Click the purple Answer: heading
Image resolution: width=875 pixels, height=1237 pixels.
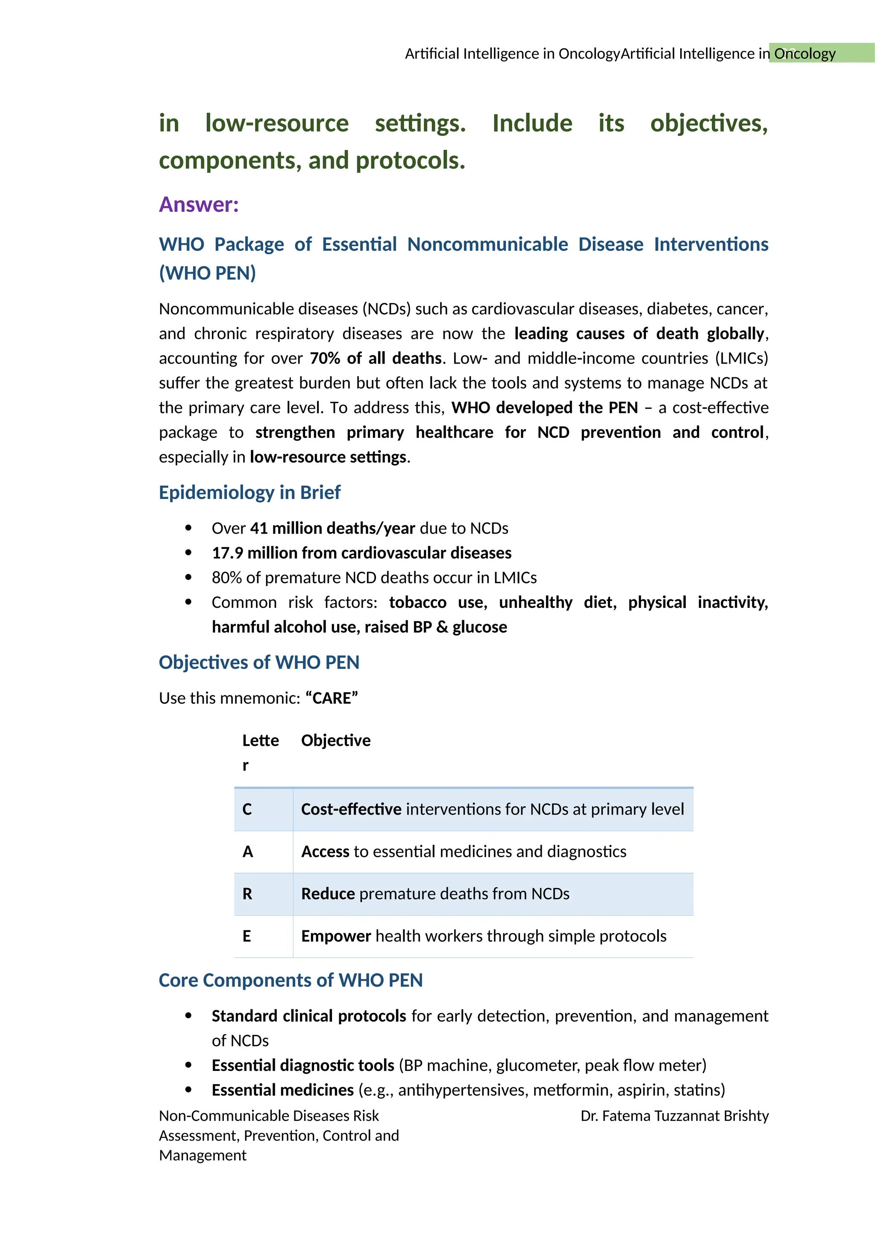pos(198,205)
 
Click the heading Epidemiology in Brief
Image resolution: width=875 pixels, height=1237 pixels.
pos(250,492)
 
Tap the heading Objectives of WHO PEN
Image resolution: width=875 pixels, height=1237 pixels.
pos(258,662)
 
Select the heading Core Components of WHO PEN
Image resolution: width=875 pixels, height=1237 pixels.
pos(291,980)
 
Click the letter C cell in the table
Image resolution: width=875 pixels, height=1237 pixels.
pos(247,809)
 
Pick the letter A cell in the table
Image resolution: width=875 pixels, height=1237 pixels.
pos(247,852)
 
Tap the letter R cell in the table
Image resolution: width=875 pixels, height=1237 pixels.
pos(247,894)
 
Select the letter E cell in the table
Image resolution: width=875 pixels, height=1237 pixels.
pos(247,936)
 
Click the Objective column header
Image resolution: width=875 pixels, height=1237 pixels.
pos(336,741)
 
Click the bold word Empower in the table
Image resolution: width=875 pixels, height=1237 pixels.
pos(336,936)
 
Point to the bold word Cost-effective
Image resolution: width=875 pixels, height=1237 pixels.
pos(351,809)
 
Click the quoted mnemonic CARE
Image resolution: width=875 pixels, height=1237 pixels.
pos(332,698)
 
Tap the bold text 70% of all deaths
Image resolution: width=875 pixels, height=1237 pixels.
pos(376,358)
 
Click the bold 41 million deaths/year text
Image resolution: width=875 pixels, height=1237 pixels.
pos(332,528)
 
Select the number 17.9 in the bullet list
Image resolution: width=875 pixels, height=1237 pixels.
pos(227,553)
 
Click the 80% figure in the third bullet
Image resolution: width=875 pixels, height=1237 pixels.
pos(226,578)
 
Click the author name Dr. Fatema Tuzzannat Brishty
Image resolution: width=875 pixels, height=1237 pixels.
pos(674,1116)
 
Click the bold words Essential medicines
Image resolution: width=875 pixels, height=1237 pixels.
pos(282,1090)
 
